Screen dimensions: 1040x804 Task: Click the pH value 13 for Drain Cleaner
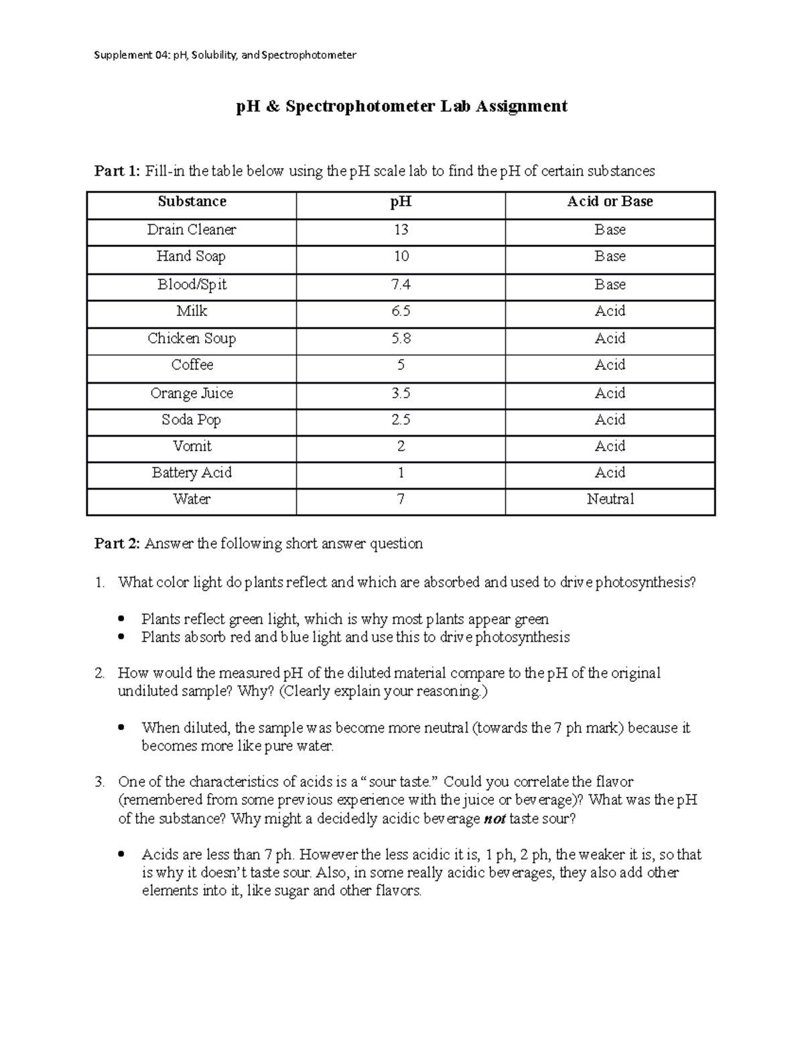[x=401, y=230]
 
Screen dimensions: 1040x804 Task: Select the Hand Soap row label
[x=191, y=256]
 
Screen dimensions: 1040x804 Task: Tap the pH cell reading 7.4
[x=401, y=285]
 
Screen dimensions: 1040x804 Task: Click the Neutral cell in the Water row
[x=610, y=499]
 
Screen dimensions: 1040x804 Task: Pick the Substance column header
[x=192, y=202]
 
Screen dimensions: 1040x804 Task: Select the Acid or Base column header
[x=610, y=202]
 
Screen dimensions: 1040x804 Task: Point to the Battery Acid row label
[x=192, y=473]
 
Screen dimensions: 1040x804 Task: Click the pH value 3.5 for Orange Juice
[x=401, y=393]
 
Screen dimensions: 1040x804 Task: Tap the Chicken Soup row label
[x=192, y=338]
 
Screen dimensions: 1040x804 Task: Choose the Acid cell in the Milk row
[x=610, y=311]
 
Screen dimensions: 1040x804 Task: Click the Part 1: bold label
[x=117, y=171]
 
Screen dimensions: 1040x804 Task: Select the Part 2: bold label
[x=117, y=544]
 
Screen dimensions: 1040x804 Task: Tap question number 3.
[x=99, y=782]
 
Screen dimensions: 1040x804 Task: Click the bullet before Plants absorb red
[x=121, y=638]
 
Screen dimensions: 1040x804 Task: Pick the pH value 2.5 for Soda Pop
[x=401, y=420]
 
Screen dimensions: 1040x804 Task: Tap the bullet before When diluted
[x=121, y=728]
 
